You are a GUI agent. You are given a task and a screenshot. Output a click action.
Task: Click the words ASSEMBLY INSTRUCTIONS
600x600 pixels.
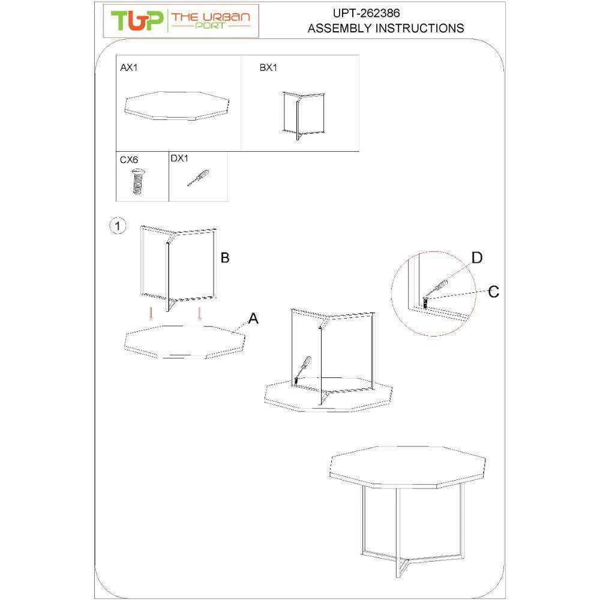click(386, 28)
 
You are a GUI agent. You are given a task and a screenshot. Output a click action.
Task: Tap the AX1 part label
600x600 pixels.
click(129, 68)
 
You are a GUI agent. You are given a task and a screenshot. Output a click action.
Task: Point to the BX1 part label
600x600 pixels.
click(268, 68)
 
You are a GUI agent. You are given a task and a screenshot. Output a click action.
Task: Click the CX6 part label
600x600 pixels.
click(129, 160)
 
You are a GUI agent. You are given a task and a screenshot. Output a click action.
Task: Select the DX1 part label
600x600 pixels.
click(179, 159)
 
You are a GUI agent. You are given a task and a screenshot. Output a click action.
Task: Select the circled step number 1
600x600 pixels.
click(118, 226)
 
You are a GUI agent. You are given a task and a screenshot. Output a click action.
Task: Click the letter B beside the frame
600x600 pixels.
click(225, 258)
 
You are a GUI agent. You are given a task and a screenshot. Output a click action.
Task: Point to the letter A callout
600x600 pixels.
click(253, 319)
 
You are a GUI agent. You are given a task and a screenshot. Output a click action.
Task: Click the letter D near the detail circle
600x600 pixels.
click(477, 258)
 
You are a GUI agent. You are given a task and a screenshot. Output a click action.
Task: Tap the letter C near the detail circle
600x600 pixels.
click(493, 292)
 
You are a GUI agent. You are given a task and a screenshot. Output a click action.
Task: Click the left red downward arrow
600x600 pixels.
click(151, 314)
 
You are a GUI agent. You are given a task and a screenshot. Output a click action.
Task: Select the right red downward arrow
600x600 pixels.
click(200, 314)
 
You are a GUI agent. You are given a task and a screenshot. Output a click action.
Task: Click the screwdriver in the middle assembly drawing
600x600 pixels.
click(302, 368)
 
